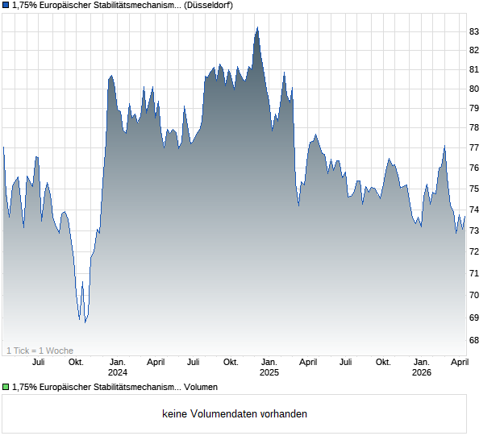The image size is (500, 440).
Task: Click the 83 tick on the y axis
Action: (475, 31)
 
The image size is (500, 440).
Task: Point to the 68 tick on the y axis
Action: (475, 340)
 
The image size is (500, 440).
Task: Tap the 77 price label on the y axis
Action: (475, 147)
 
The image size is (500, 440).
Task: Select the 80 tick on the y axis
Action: (475, 89)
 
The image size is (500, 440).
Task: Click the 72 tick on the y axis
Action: (475, 251)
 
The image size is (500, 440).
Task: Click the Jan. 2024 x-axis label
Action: (118, 367)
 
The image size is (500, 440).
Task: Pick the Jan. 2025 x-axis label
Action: (269, 367)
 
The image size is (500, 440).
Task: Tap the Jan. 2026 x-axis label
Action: (421, 367)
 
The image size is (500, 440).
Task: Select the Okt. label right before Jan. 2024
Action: (76, 363)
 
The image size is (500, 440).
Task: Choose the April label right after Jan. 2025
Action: (307, 363)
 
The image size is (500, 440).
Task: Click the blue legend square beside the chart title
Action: (6, 6)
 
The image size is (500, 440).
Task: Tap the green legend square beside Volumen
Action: (6, 388)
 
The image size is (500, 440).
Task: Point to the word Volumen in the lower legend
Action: (201, 388)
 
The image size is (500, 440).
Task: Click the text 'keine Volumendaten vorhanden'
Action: (235, 414)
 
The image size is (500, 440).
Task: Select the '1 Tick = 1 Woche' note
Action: (40, 351)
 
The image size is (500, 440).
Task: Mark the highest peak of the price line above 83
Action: (257, 27)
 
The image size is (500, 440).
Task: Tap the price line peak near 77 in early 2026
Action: (444, 146)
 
